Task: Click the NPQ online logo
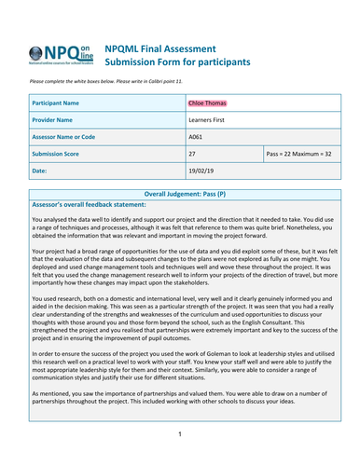[x=64, y=54]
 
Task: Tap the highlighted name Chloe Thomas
[x=212, y=103]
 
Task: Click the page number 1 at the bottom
[x=180, y=434]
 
